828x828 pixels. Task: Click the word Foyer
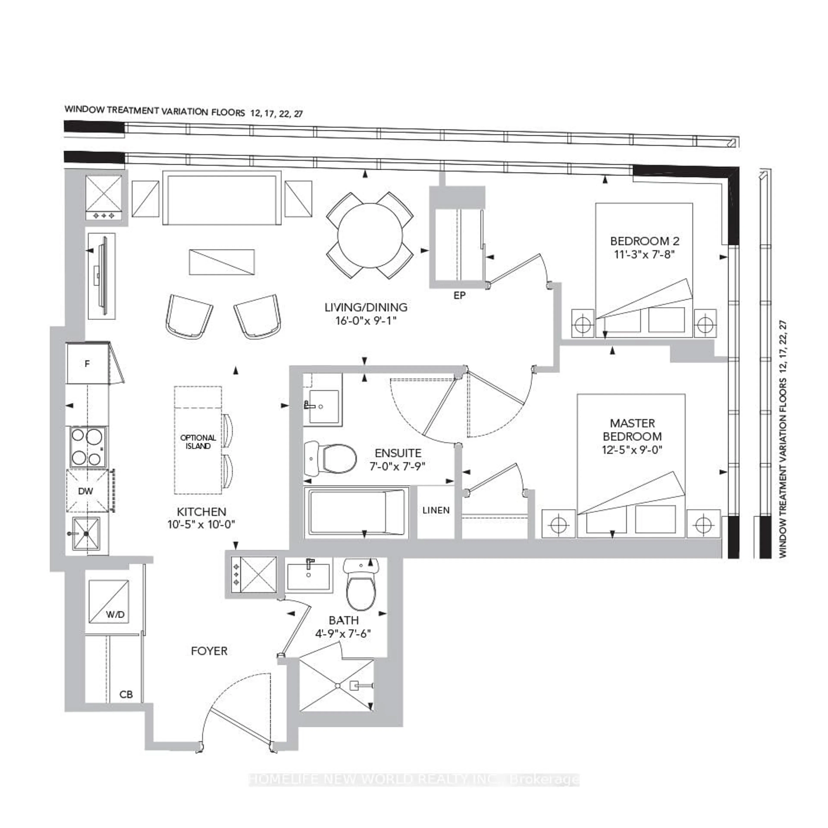point(209,651)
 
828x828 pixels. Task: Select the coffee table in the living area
point(222,262)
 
